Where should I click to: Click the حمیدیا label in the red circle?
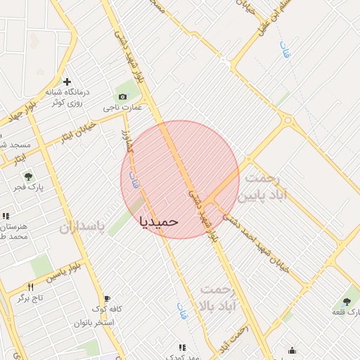coord(159,221)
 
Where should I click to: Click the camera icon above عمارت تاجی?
coord(122,96)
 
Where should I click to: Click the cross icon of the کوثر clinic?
coord(67,82)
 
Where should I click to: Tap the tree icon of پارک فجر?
coord(28,176)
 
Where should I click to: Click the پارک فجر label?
coord(27,188)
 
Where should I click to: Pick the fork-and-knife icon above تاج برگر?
coord(30,287)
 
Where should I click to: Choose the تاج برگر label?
coord(31,298)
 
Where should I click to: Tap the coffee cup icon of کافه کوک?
coord(107,298)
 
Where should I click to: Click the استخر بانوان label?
coord(98,323)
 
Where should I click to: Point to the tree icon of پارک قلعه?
coord(347,300)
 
